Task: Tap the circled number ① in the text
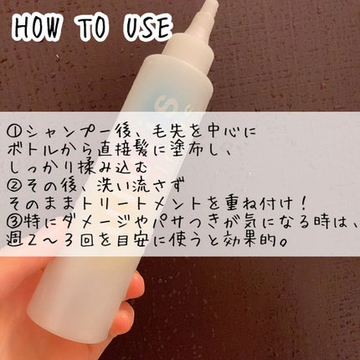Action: (x=16, y=131)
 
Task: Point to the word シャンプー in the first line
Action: (x=67, y=131)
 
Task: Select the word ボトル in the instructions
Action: (x=32, y=151)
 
